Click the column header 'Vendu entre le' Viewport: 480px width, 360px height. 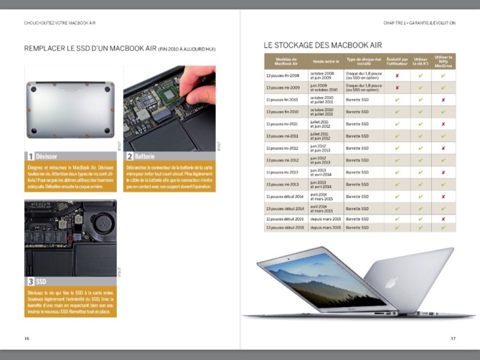point(325,61)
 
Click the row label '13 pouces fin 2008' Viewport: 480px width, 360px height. point(283,75)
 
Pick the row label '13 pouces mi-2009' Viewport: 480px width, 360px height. point(283,87)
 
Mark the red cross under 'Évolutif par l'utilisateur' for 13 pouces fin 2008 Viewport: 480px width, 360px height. point(397,75)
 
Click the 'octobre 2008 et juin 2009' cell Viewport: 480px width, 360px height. point(324,75)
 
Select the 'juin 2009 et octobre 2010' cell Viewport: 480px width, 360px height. point(324,87)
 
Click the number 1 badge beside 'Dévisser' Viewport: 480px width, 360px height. point(30,156)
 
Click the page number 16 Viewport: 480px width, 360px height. point(27,338)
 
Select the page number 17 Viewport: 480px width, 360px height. point(453,338)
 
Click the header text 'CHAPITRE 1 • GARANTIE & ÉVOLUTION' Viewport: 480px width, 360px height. point(419,23)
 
